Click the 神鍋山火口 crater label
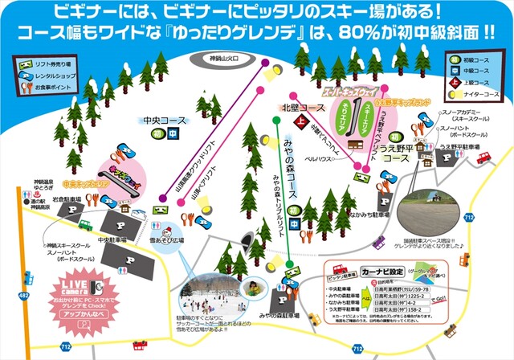[x=222, y=59]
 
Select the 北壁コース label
[x=302, y=107]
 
